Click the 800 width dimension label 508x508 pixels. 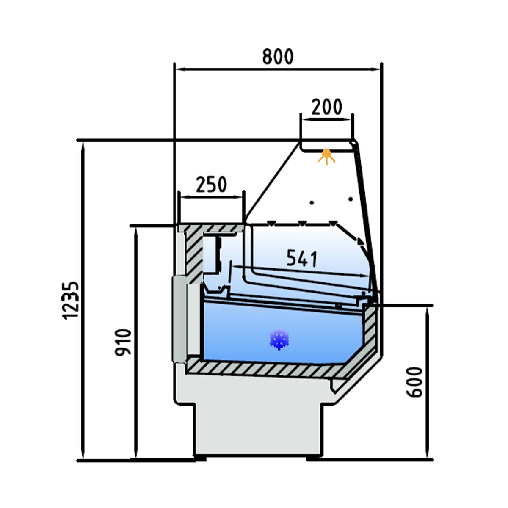click(x=278, y=56)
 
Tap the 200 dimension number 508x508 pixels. click(x=327, y=107)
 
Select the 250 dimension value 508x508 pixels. click(x=211, y=184)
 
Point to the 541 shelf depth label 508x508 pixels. click(x=302, y=258)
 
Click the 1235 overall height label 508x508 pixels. click(x=70, y=301)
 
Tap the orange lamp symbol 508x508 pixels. click(x=327, y=156)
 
